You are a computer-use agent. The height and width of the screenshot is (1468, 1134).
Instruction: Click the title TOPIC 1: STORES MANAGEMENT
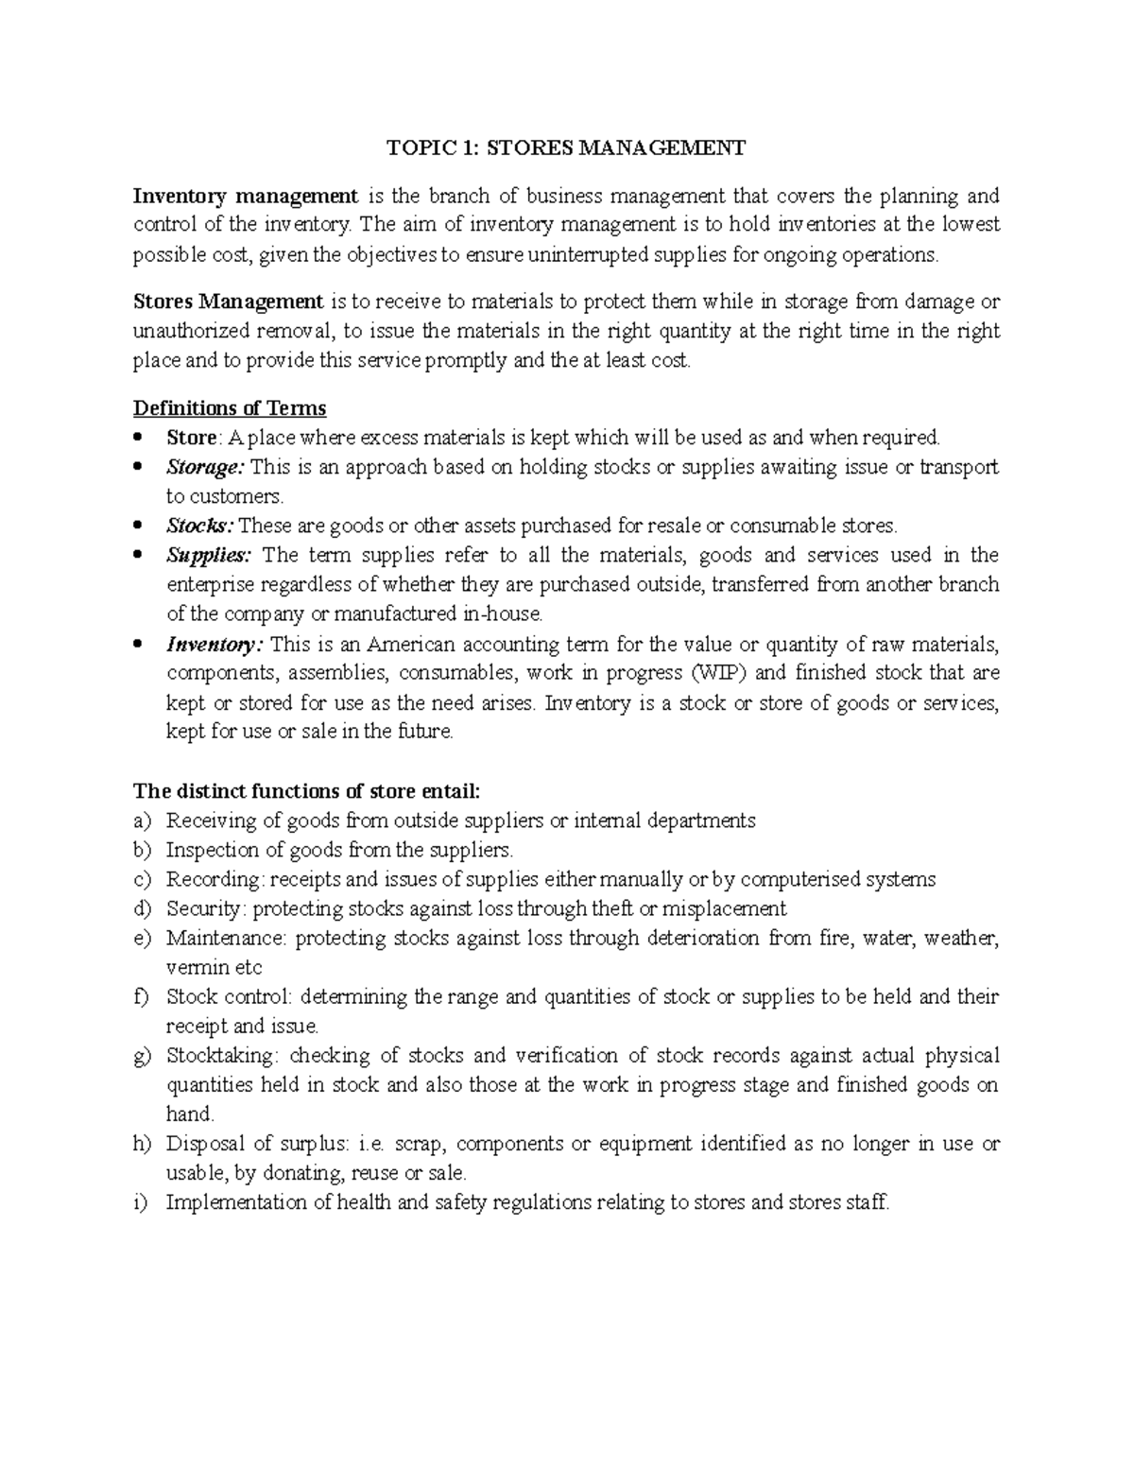pos(566,147)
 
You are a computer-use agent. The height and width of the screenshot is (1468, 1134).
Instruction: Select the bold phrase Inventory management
pos(245,197)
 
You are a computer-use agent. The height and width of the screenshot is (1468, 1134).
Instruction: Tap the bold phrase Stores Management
pos(228,302)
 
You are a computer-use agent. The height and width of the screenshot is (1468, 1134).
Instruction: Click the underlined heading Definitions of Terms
pos(230,408)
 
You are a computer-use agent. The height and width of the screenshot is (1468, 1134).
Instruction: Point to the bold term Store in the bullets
pos(192,438)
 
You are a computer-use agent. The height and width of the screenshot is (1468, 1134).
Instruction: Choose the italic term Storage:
pos(205,467)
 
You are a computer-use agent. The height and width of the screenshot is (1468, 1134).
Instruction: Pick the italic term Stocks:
pos(201,526)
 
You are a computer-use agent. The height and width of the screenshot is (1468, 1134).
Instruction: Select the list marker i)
pos(141,1202)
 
